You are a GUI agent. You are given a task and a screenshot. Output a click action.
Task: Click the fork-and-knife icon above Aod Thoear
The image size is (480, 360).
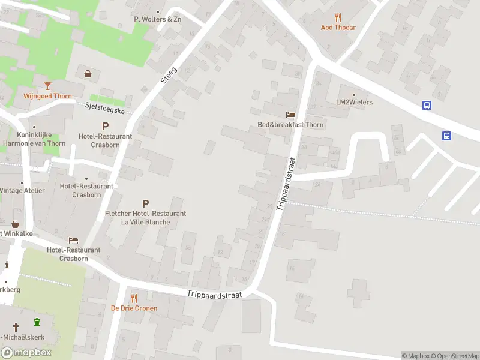coord(338,17)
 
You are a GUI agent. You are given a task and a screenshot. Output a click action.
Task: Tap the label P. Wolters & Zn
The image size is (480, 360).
coord(157,19)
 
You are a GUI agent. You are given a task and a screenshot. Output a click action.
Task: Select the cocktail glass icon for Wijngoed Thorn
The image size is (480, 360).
coord(47,86)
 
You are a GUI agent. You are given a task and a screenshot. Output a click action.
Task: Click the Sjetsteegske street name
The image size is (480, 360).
coord(104,108)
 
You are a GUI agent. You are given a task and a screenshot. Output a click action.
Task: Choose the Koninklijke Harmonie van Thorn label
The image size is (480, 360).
coord(34,139)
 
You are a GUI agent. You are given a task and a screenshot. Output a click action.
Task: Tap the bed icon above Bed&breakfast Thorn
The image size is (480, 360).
coord(290,115)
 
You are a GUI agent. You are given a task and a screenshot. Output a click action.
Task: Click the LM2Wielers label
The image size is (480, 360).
coord(354,102)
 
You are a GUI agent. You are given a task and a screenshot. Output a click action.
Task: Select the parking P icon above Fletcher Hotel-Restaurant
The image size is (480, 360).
coord(145,204)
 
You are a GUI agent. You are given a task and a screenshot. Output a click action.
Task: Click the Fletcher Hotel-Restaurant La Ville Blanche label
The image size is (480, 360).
coord(145,218)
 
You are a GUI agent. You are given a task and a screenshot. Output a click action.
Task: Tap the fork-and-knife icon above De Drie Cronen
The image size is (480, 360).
coord(134,298)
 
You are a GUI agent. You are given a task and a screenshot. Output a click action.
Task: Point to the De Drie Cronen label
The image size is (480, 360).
coord(134,308)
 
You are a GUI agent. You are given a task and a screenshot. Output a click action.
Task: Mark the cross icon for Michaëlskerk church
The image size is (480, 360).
coord(15,328)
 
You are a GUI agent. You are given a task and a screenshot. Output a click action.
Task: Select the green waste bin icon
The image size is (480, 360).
coord(37,321)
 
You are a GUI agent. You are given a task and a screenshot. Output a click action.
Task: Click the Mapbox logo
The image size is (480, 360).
coord(26,353)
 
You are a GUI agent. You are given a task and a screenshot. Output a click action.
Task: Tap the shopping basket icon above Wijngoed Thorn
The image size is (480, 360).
coord(88,74)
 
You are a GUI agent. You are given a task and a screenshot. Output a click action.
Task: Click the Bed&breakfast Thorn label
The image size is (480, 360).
coord(290,125)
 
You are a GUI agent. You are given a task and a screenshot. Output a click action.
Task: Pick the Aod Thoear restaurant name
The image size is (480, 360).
coord(338,28)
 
